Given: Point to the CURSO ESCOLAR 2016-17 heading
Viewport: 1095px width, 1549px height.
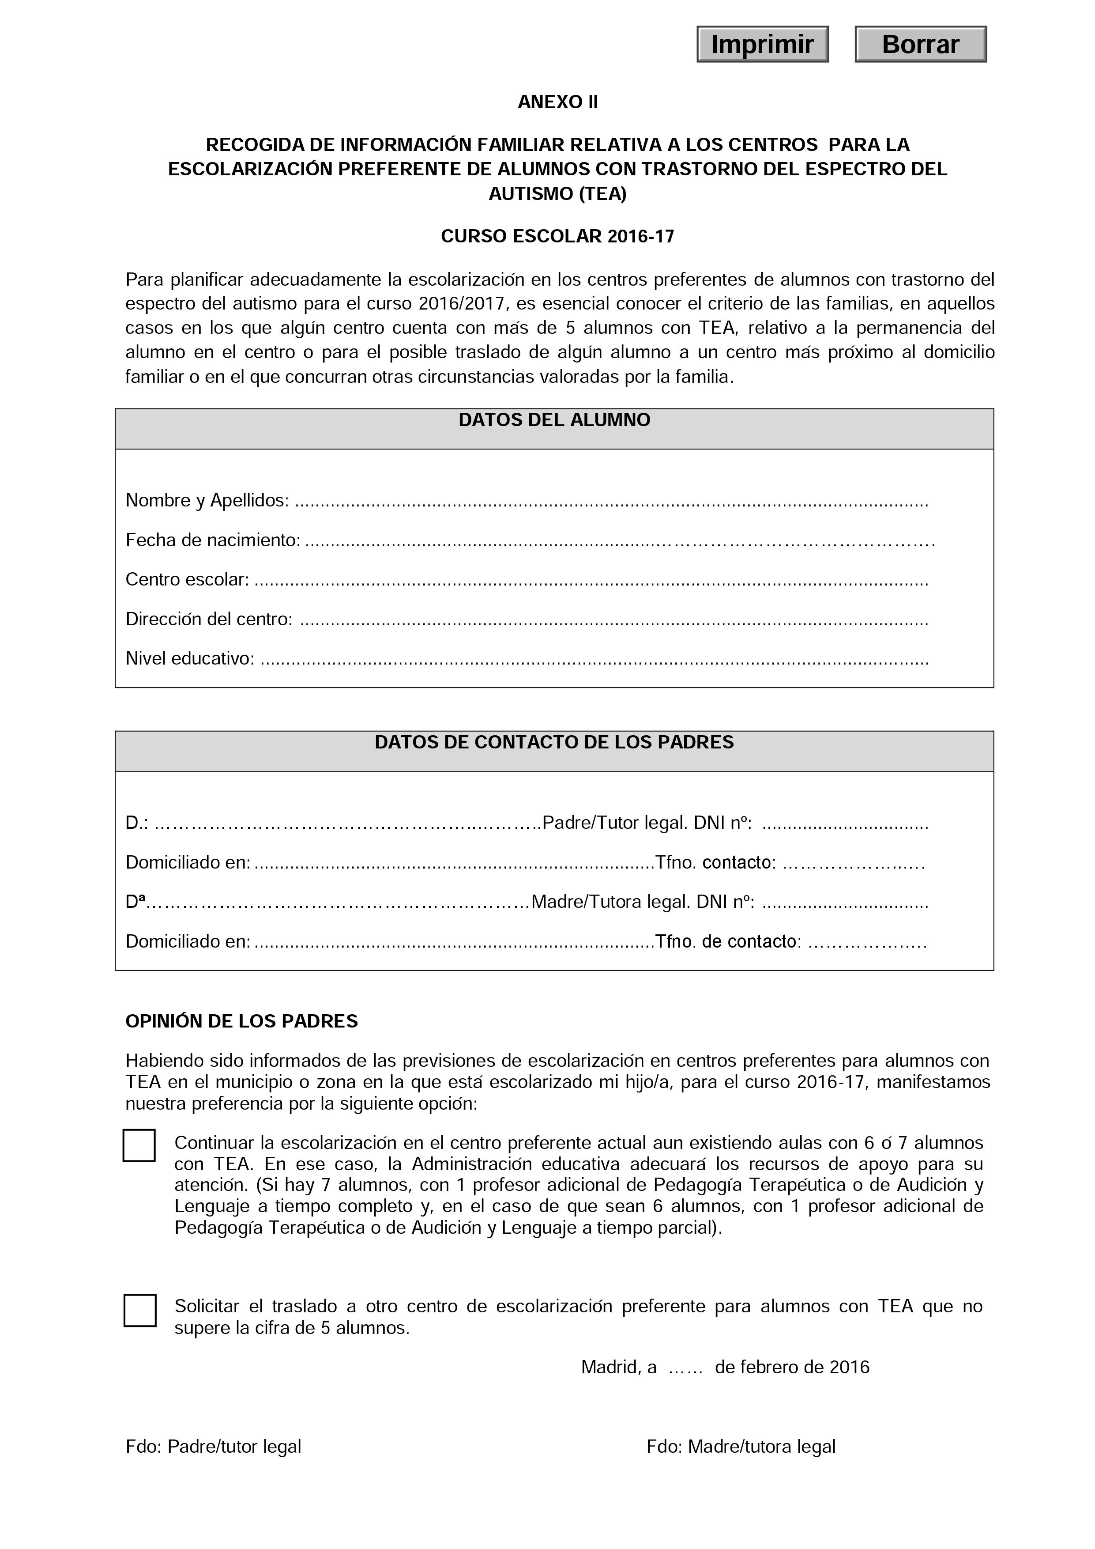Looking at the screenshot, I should point(557,236).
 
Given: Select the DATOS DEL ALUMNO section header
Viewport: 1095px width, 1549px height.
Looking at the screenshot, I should point(554,420).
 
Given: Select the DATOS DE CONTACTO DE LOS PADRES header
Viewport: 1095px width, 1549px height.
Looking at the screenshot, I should point(554,742).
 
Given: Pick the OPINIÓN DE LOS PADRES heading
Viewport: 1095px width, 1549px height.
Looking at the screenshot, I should point(241,1021).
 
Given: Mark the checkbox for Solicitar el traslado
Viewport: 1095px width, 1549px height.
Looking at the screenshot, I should point(139,1311).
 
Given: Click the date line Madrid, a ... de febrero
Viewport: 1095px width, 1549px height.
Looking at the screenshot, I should point(725,1368).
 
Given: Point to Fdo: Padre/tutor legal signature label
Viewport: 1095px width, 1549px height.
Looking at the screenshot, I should point(213,1447).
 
